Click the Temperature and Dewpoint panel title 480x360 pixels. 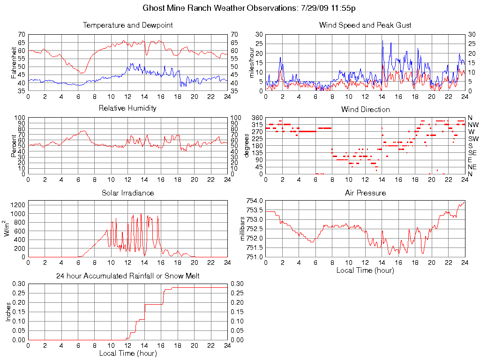[127, 25]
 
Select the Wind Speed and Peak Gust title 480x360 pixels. [365, 25]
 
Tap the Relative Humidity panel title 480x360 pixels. [127, 108]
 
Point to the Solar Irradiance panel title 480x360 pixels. [127, 193]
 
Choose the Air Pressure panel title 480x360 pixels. [365, 193]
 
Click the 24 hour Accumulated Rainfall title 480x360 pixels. [127, 276]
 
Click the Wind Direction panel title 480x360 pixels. [365, 110]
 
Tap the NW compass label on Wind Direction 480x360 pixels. [472, 125]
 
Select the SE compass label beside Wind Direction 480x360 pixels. [472, 153]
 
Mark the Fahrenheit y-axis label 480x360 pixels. [14, 63]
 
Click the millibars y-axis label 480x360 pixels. [243, 229]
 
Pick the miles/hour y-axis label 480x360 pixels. [251, 63]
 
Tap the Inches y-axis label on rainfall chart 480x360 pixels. [8, 312]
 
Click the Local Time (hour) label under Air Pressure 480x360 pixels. [365, 270]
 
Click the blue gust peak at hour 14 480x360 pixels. [382, 41]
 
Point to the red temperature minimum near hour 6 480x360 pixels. [82, 73]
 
